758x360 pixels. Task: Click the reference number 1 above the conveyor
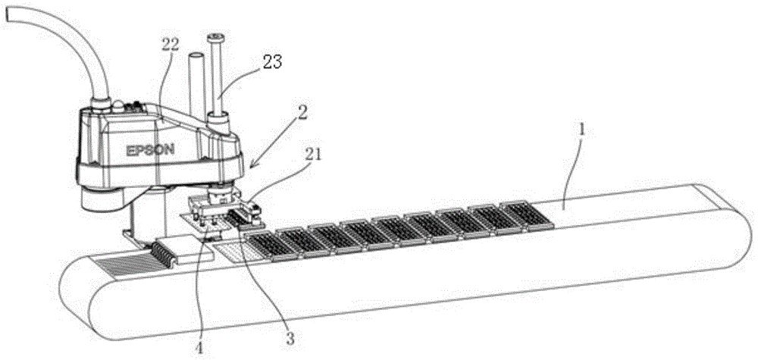pos(581,129)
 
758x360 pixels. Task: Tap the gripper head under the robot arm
pos(220,208)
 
